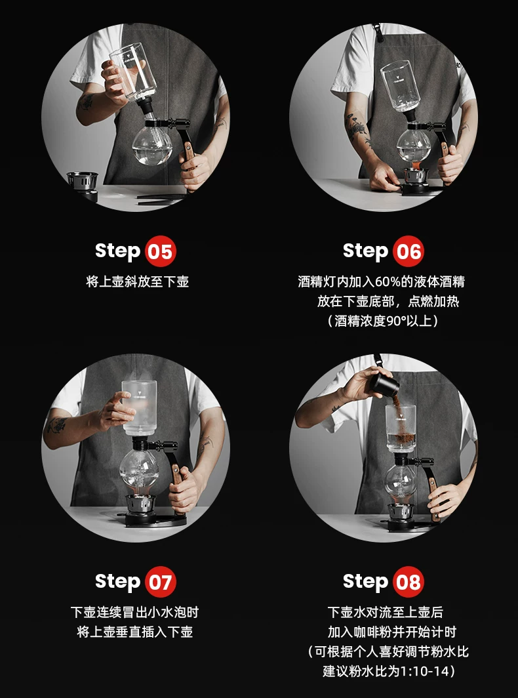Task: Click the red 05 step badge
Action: (161, 251)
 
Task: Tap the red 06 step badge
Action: (408, 251)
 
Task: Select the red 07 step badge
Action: (161, 582)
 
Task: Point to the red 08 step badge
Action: (408, 582)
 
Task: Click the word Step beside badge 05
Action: (117, 251)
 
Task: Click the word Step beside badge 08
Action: (365, 582)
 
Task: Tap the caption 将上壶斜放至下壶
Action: (138, 282)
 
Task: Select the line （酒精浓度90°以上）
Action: (383, 321)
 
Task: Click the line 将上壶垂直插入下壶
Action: (135, 632)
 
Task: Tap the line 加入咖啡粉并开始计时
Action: (392, 632)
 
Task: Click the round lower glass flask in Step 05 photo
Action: (152, 144)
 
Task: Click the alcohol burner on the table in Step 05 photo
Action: (83, 186)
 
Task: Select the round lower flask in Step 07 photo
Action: (138, 471)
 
